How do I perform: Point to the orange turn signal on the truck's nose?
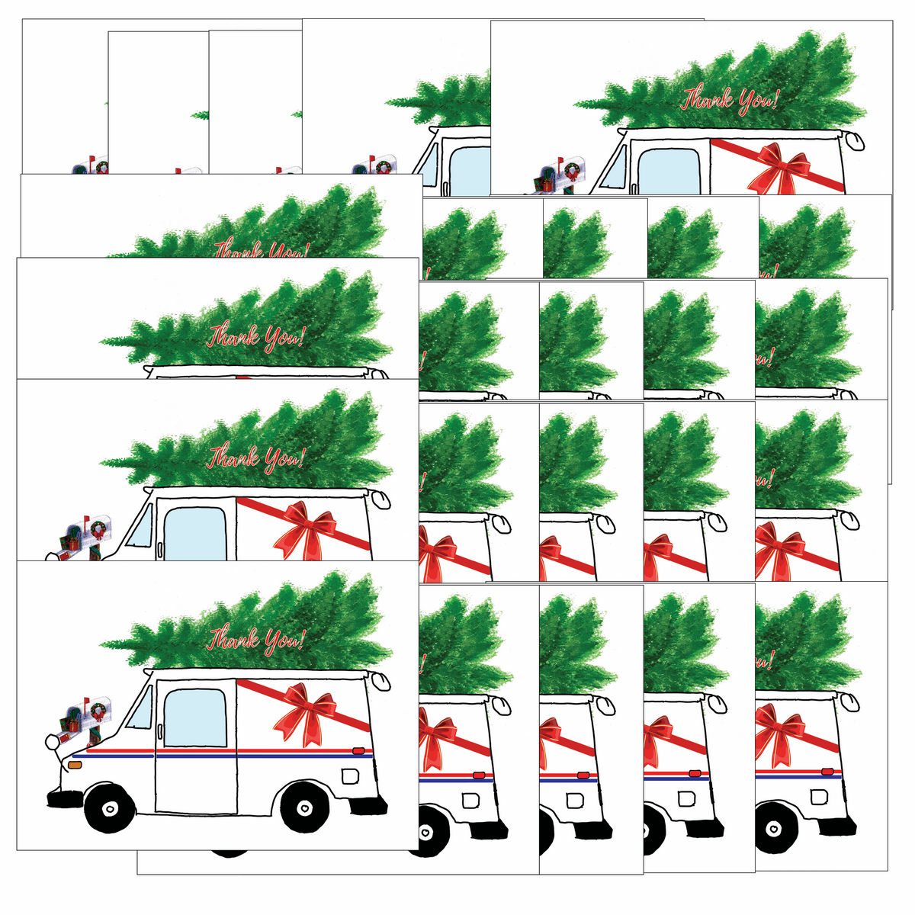tap(75, 765)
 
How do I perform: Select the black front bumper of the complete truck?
tap(65, 800)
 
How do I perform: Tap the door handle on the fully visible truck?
tap(160, 730)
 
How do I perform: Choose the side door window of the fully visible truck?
tap(195, 718)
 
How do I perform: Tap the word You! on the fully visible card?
tap(284, 640)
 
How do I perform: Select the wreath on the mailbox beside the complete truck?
tap(99, 711)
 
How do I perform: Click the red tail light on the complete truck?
tap(363, 751)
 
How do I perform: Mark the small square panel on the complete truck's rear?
tap(351, 776)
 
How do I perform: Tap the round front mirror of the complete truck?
tap(52, 741)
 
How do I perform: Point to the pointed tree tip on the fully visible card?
tap(101, 645)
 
